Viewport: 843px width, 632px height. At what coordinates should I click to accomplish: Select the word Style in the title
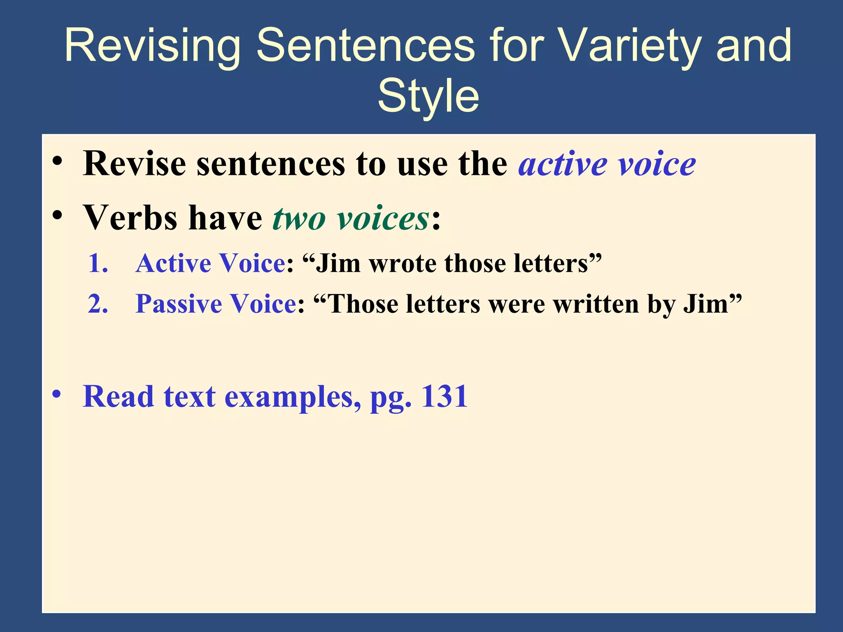click(428, 96)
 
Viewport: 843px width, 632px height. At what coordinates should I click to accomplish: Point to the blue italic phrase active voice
click(607, 164)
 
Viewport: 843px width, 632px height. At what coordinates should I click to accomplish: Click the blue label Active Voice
click(210, 263)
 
